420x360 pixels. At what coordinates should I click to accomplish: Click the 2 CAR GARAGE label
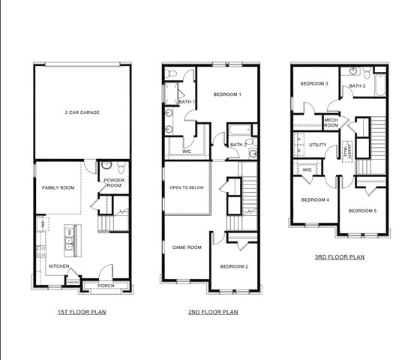click(82, 112)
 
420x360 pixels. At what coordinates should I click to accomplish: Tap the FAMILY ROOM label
click(57, 187)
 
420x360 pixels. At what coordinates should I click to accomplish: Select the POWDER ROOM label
click(114, 182)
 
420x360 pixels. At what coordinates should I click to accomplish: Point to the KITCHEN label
click(59, 266)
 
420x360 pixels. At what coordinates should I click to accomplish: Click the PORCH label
click(106, 285)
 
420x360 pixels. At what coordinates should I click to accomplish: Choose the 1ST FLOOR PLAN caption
click(82, 311)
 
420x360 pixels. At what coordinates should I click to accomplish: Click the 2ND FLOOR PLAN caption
click(214, 311)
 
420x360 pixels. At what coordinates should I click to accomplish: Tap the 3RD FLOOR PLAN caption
click(340, 257)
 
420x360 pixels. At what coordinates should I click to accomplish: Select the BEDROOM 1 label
click(227, 94)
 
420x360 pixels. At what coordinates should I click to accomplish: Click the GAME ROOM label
click(187, 247)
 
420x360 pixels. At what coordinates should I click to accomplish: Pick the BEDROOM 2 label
click(234, 266)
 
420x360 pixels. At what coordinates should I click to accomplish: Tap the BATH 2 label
click(238, 145)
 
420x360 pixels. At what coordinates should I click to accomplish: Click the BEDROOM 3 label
click(315, 83)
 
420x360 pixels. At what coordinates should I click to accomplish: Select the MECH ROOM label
click(331, 123)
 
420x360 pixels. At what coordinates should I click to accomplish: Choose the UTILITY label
click(317, 143)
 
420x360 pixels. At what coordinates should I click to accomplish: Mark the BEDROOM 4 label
click(315, 199)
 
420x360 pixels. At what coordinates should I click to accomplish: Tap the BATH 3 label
click(357, 86)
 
